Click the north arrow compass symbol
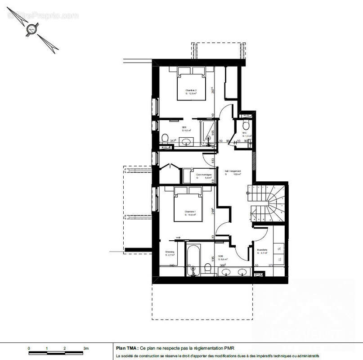point(31,31)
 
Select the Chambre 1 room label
point(190,213)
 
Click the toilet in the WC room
point(246,125)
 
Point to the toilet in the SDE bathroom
point(165,138)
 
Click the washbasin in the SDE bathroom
point(186,142)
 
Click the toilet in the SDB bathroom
point(208,269)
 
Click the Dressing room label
point(170,253)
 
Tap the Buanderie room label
point(262,251)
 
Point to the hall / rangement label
point(233,171)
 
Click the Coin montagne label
point(203,175)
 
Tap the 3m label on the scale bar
point(86,348)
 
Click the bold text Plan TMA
point(127,348)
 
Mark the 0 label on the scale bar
point(29,348)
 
